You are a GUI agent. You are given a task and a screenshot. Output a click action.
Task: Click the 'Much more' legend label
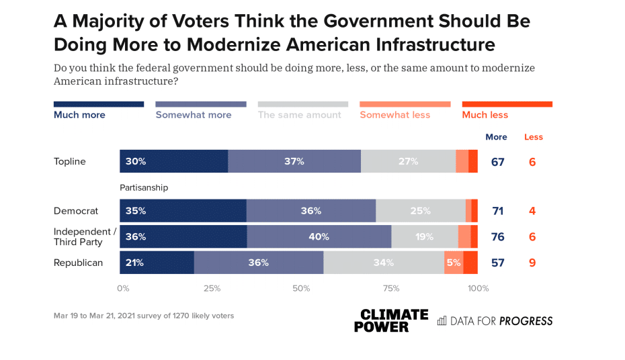79,115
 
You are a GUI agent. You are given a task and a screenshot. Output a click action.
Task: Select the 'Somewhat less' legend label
394,115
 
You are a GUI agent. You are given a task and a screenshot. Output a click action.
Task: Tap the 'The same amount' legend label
300,115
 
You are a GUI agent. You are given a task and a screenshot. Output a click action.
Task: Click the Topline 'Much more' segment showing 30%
174,161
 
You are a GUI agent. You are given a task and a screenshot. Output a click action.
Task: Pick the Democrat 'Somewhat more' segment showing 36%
311,210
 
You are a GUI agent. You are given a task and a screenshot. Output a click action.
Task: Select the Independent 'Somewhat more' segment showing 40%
319,236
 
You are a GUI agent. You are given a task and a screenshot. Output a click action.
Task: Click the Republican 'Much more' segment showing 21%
157,263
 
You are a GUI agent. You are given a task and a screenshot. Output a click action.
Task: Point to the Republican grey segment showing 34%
384,263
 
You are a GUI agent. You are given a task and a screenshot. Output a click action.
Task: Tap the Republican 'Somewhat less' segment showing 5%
454,263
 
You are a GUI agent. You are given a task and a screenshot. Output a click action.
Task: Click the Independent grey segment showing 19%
425,236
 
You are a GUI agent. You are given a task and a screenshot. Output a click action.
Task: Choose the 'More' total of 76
497,236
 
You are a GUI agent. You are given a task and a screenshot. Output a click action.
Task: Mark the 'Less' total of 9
532,263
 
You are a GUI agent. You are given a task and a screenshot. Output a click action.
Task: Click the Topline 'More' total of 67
497,161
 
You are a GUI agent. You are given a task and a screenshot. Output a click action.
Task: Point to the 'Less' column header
534,137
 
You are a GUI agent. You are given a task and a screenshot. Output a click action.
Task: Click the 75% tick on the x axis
391,289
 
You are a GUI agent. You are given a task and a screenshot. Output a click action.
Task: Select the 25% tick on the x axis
212,289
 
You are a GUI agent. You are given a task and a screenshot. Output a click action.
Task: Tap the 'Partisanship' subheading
144,188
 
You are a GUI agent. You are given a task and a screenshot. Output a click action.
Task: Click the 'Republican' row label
78,263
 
